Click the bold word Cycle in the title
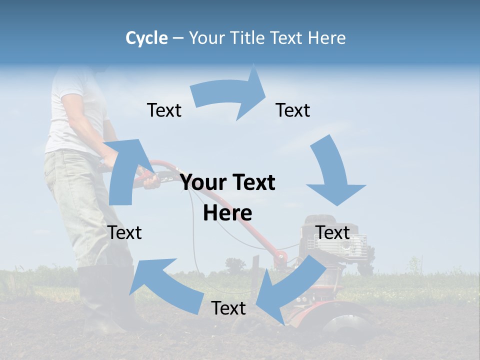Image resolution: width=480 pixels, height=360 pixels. [x=146, y=38]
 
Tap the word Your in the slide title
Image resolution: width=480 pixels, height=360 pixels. [x=206, y=38]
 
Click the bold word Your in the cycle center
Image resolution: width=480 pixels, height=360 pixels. [x=205, y=183]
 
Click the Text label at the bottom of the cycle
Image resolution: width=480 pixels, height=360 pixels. [x=228, y=308]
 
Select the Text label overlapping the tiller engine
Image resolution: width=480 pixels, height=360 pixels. [x=333, y=232]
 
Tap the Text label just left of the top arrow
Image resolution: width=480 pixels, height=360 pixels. [x=164, y=110]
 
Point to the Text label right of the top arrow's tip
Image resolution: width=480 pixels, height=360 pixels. [x=293, y=110]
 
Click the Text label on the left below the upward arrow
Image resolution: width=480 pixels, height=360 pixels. [x=125, y=232]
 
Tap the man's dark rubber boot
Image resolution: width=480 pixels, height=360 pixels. [x=100, y=300]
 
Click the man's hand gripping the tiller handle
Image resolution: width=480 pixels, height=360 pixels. [x=150, y=180]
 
